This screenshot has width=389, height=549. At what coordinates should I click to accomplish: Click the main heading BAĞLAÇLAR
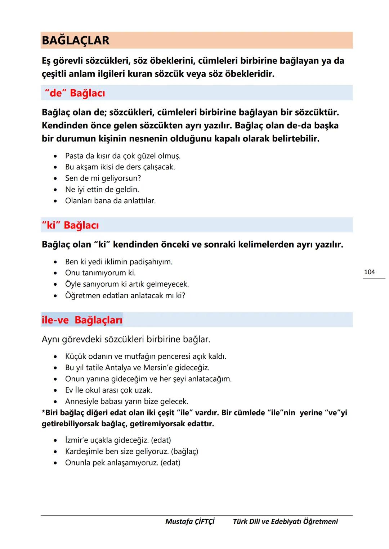(x=76, y=40)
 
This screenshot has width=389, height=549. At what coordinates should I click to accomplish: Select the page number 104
(x=369, y=272)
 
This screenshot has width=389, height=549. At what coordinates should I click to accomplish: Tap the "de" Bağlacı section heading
(x=75, y=93)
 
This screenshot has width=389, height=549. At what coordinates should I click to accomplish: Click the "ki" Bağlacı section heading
(x=70, y=225)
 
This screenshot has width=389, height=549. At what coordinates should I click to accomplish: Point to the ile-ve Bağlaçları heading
(x=82, y=320)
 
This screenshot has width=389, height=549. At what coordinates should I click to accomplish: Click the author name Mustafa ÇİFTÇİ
(x=190, y=521)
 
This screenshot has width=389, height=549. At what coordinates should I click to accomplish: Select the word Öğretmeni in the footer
(x=320, y=521)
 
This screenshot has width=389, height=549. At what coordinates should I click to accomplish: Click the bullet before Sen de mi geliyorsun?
(x=55, y=178)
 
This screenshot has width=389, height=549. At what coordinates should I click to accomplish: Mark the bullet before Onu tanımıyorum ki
(x=55, y=273)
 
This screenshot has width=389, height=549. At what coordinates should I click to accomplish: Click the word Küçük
(x=76, y=356)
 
